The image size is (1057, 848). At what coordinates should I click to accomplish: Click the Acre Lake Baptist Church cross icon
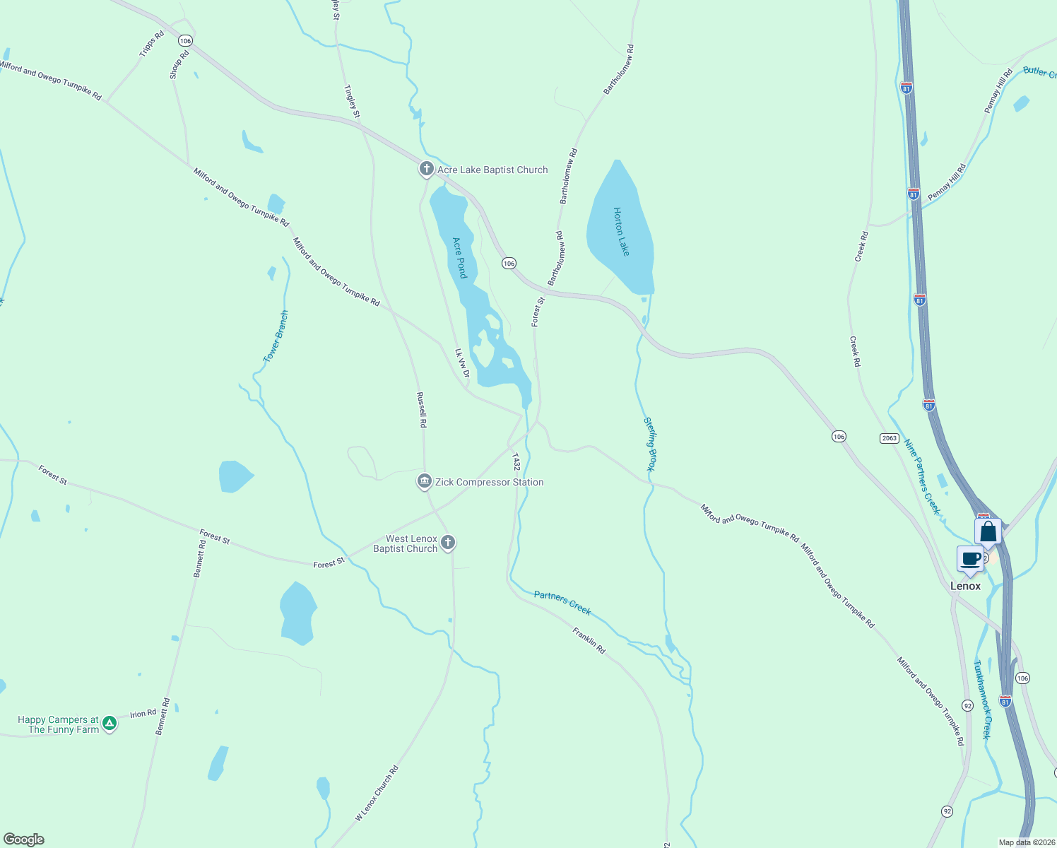(x=426, y=169)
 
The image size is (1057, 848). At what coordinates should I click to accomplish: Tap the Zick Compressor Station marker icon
(x=424, y=482)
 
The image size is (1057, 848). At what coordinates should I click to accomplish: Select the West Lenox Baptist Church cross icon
(x=448, y=543)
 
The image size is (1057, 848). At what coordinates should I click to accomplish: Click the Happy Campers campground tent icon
(x=110, y=724)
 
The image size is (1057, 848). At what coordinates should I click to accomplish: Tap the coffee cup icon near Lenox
(x=971, y=558)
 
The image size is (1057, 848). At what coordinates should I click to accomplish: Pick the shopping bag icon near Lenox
(x=988, y=531)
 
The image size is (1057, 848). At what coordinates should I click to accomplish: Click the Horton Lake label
(x=621, y=232)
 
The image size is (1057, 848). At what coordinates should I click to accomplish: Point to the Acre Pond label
(x=460, y=258)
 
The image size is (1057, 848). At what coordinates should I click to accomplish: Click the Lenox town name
(x=965, y=586)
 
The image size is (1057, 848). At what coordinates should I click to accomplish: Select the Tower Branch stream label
(x=276, y=336)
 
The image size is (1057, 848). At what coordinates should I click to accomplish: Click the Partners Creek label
(x=562, y=603)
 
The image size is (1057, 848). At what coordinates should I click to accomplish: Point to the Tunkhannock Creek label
(x=983, y=700)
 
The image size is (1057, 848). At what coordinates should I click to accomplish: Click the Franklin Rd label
(x=589, y=640)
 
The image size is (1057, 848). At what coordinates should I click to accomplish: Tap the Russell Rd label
(x=422, y=410)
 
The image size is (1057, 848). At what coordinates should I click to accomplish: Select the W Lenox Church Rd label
(x=377, y=793)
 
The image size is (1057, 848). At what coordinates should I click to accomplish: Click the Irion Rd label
(x=143, y=714)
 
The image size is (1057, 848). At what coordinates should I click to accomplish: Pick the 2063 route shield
(x=890, y=438)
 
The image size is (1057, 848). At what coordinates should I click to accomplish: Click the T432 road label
(x=516, y=463)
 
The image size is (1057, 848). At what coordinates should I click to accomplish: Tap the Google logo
(x=24, y=840)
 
